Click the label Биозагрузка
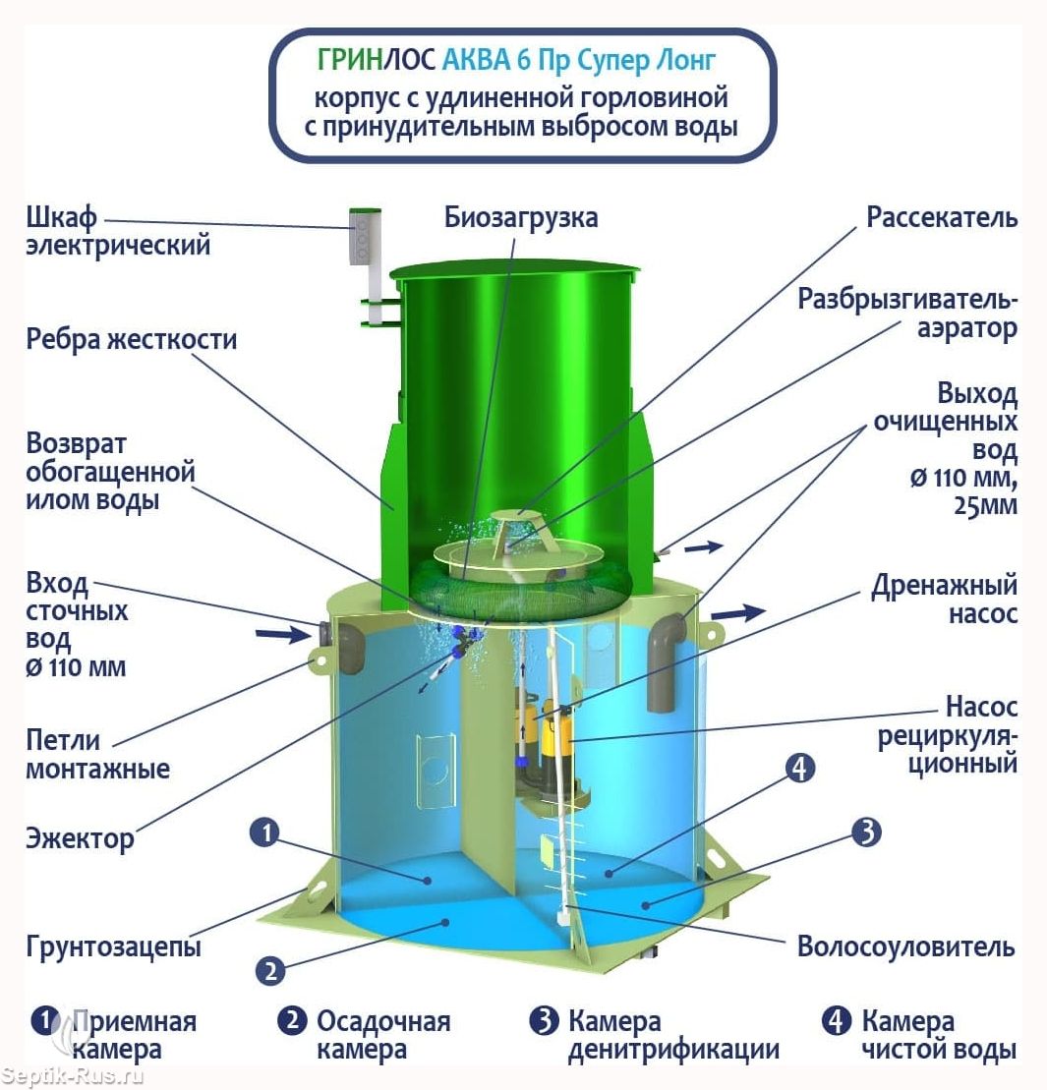pyautogui.click(x=521, y=217)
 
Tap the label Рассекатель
pyautogui.click(x=942, y=217)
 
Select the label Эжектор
pyautogui.click(x=80, y=838)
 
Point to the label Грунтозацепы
pyautogui.click(x=113, y=947)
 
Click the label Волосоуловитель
pyautogui.click(x=905, y=947)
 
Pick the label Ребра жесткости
pyautogui.click(x=132, y=339)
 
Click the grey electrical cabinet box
pyautogui.click(x=361, y=238)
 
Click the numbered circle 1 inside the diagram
pyautogui.click(x=264, y=832)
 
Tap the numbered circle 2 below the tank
pyautogui.click(x=270, y=970)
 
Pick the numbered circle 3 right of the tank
pyautogui.click(x=867, y=832)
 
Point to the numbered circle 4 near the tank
pyautogui.click(x=800, y=769)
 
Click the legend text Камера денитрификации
pyautogui.click(x=673, y=1036)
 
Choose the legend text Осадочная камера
pyautogui.click(x=383, y=1036)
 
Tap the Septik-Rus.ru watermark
pyautogui.click(x=73, y=1076)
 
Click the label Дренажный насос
pyautogui.click(x=944, y=600)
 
